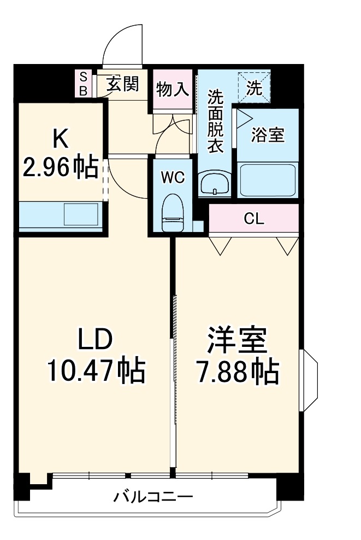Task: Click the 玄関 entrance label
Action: coord(122,84)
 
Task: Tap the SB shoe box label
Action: coord(84,83)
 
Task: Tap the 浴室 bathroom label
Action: coord(268,135)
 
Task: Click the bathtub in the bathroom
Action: coord(268,179)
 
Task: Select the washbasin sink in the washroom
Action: coord(215,183)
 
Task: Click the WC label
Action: coord(172,177)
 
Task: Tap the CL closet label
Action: coord(254,219)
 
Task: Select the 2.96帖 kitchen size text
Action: coord(60,166)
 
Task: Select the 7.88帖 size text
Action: coord(236,373)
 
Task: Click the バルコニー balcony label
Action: coord(153,497)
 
